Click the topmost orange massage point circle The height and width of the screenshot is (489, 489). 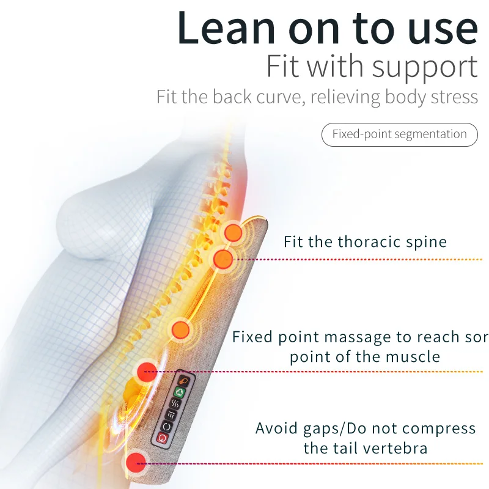coord(233,232)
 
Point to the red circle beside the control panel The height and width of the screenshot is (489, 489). coord(147,370)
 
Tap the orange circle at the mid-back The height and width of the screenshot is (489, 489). coord(181,330)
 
